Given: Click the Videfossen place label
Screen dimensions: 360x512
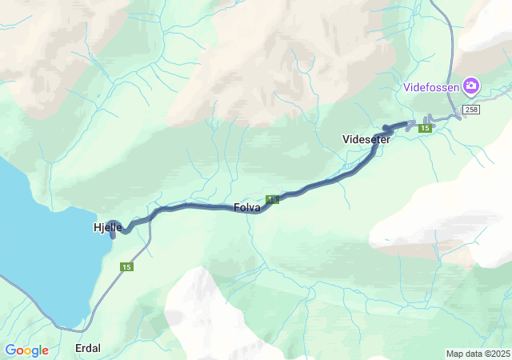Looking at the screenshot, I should pyautogui.click(x=431, y=86).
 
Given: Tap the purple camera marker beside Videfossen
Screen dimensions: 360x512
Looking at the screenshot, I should pyautogui.click(x=471, y=85).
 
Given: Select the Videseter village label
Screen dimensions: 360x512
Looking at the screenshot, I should pyautogui.click(x=366, y=139).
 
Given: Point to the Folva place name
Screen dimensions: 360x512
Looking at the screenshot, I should pyautogui.click(x=246, y=207).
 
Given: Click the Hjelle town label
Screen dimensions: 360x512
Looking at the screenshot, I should pyautogui.click(x=107, y=227).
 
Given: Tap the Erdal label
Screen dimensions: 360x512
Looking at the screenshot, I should pyautogui.click(x=88, y=348).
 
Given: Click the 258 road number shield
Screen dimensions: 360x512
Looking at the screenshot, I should pyautogui.click(x=470, y=109).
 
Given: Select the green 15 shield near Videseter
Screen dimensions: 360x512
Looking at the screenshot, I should pyautogui.click(x=426, y=128).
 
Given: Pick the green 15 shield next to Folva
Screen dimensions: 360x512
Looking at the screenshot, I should pyautogui.click(x=273, y=199).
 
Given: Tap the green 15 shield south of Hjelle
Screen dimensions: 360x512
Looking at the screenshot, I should pyautogui.click(x=126, y=266).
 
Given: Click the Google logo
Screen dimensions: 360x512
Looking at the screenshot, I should pyautogui.click(x=26, y=350).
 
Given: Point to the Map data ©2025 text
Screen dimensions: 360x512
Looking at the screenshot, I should pyautogui.click(x=477, y=354).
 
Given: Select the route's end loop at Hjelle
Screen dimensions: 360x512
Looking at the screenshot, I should pyautogui.click(x=114, y=228).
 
